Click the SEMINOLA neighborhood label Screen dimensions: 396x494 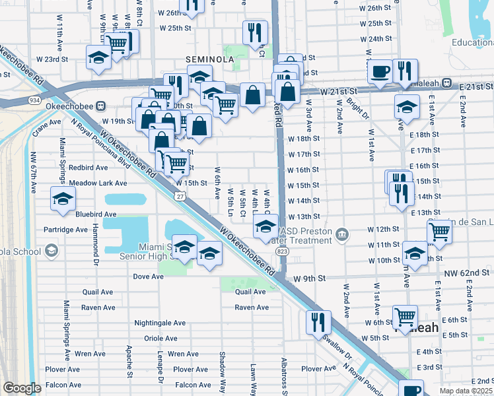point(209,59)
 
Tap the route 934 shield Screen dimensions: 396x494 point(34,100)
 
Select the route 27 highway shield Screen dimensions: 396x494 point(179,197)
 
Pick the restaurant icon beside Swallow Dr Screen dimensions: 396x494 point(318,322)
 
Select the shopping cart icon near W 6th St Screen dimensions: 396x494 point(404,317)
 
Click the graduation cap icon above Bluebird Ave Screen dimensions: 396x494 point(63,199)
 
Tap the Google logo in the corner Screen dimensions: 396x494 point(22,388)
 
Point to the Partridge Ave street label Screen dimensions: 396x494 point(65,230)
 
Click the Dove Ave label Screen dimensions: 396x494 point(148,277)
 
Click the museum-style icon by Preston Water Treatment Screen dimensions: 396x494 point(341,234)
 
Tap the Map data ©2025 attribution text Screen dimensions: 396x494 point(466,391)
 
